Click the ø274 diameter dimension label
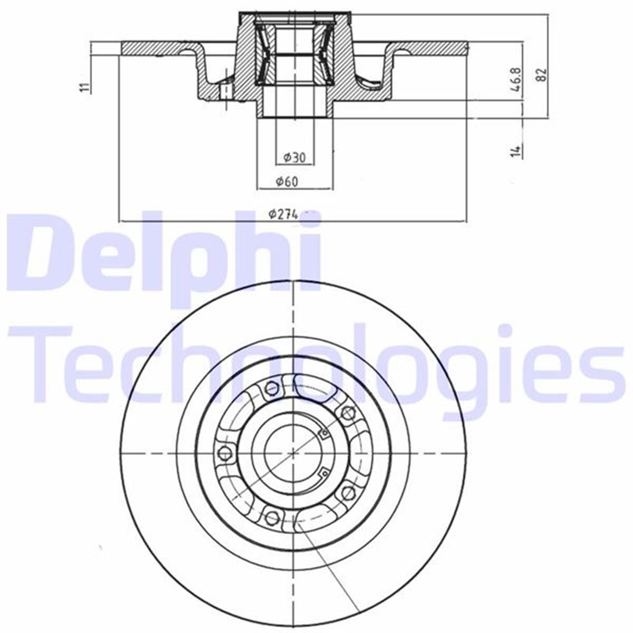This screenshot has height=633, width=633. [x=283, y=214]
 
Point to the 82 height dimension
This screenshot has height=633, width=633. [x=541, y=74]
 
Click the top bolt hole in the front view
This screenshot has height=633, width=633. [x=272, y=389]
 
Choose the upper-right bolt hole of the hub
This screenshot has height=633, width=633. [x=347, y=413]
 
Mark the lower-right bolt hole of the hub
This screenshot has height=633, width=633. [x=347, y=492]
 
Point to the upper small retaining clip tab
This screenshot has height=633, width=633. [x=324, y=434]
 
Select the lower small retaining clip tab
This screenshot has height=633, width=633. [x=321, y=471]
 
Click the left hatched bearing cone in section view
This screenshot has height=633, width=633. [x=264, y=53]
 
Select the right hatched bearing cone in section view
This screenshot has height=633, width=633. [x=324, y=53]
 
